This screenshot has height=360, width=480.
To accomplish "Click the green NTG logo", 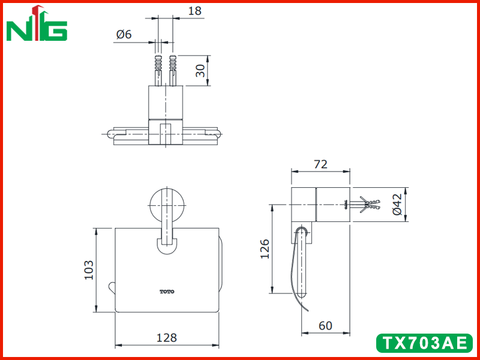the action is pyautogui.click(x=37, y=24).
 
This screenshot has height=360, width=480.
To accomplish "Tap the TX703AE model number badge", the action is pyautogui.click(x=424, y=343).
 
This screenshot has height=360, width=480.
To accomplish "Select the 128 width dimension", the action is pyautogui.click(x=167, y=338).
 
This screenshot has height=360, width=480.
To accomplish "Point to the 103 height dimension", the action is pyautogui.click(x=89, y=269).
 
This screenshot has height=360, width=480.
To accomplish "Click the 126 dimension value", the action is pyautogui.click(x=265, y=249).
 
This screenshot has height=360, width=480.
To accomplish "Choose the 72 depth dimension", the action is pyautogui.click(x=320, y=164).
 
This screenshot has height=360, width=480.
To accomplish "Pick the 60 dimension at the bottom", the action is pyautogui.click(x=325, y=325).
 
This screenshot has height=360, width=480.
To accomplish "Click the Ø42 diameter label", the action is pyautogui.click(x=397, y=204).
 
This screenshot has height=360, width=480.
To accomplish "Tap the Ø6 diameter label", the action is pyautogui.click(x=124, y=34).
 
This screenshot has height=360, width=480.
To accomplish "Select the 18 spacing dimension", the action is pyautogui.click(x=194, y=11).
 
